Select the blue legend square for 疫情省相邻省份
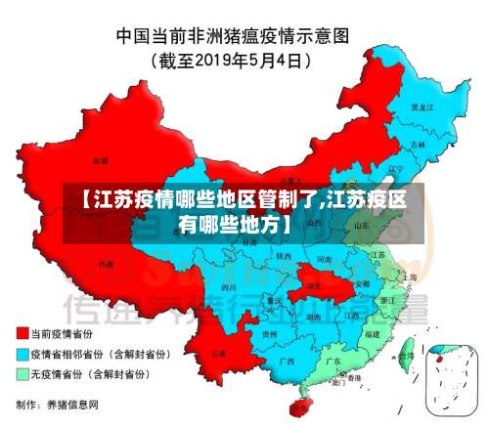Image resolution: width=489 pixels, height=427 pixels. (x=22, y=355)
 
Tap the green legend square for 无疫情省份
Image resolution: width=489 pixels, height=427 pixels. (x=22, y=374)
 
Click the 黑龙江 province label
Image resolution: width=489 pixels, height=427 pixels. (x=421, y=107)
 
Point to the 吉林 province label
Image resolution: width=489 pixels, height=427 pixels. (x=419, y=145)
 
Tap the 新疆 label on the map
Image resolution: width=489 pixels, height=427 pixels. (x=100, y=158)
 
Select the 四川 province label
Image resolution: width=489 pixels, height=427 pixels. (x=229, y=288)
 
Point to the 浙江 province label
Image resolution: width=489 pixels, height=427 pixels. (x=388, y=300)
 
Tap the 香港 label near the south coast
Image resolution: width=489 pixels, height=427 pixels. (x=354, y=377)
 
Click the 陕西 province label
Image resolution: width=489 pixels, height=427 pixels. (x=284, y=256)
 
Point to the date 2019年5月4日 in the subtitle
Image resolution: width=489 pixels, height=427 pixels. (x=250, y=60)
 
